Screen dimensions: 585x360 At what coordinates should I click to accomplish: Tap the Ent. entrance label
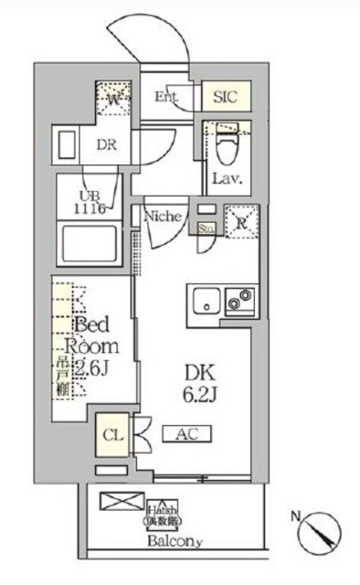pos(166,96)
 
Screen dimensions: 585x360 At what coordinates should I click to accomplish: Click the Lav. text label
pos(227,178)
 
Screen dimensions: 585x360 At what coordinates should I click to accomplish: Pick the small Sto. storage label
pos(206,229)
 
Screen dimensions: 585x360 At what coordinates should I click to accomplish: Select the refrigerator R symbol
pos(240,223)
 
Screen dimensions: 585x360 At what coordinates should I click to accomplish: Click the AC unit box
pos(188,434)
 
